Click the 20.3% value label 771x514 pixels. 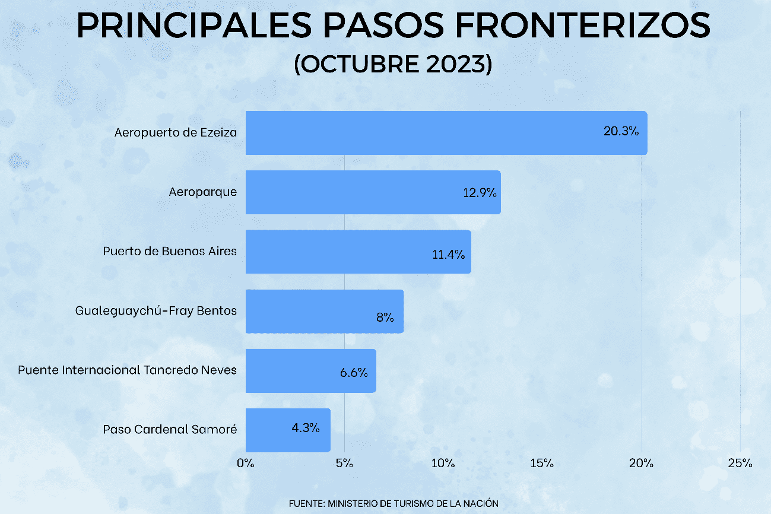coord(621,132)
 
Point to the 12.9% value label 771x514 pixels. coord(480,193)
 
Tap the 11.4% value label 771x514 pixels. coord(448,255)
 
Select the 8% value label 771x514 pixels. coord(385,317)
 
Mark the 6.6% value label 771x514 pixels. coord(354,373)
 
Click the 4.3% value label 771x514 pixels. coord(306,427)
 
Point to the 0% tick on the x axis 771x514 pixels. coord(245,463)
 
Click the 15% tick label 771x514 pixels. coord(542,463)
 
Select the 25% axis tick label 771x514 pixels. coord(740,463)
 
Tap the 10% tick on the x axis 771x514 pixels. coord(443,463)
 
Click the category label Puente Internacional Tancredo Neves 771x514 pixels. coord(127,370)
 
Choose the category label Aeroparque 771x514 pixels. coord(202,192)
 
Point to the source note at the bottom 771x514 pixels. coord(394,503)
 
